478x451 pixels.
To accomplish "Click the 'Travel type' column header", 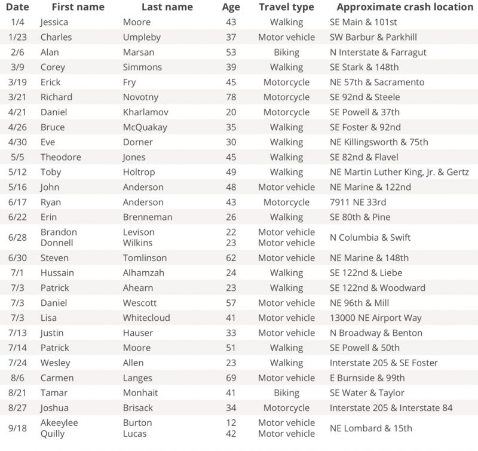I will coord(286,7).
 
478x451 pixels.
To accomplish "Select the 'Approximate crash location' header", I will coord(405,7).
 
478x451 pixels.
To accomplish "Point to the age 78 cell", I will coord(231,97).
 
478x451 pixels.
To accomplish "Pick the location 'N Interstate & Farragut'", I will coord(378,52).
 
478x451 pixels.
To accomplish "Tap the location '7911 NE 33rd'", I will coord(358,202).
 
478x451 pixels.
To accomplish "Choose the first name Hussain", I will coord(58,273).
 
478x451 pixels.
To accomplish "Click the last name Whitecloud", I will coord(146,318).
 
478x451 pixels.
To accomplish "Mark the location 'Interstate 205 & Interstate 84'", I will coord(391,407).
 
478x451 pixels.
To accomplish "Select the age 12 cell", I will coord(231,422).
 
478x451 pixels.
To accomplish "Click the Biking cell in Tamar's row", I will coord(286,392).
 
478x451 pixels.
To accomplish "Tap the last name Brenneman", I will coord(147,217).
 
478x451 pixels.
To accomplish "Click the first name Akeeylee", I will coord(59,422).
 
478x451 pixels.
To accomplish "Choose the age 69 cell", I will coord(231,378).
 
